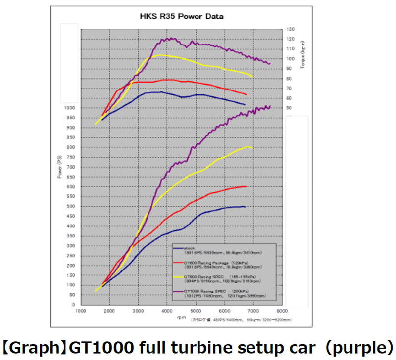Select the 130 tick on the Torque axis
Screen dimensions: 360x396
(290, 29)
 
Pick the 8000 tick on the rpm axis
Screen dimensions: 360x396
(282, 311)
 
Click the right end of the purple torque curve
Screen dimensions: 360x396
(270, 64)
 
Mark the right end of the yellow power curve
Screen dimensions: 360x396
(253, 148)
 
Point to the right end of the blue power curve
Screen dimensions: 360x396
(245, 206)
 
